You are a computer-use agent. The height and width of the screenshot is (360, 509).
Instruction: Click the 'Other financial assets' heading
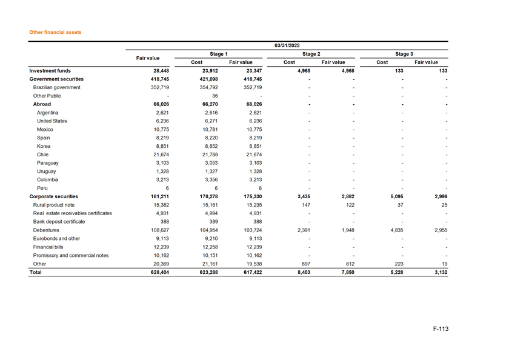point(55,32)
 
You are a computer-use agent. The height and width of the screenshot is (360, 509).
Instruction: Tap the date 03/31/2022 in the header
point(287,45)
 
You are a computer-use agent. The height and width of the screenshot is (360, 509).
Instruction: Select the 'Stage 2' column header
point(311,54)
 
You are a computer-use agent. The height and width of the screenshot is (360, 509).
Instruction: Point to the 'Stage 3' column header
point(404,54)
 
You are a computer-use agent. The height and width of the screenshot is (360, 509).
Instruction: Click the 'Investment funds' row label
point(50,70)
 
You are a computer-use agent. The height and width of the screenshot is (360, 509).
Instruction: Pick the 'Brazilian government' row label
point(57,87)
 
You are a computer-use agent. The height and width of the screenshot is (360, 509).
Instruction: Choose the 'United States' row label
point(52,121)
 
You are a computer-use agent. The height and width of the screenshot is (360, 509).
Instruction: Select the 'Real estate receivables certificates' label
point(73,213)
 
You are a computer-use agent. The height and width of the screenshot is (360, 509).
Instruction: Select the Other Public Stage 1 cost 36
point(215,96)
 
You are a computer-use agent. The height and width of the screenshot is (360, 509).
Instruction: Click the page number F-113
point(441,329)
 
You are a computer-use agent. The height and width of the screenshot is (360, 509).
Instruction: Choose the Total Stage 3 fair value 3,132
point(437,273)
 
